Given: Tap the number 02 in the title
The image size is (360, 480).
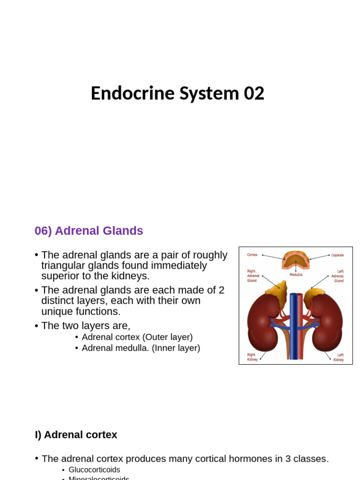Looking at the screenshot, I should (x=254, y=93).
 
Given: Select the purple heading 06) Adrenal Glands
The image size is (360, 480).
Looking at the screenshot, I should (x=89, y=231).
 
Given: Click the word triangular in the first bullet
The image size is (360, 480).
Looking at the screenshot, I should (x=64, y=266).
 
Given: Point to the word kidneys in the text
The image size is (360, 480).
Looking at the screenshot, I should (x=130, y=276).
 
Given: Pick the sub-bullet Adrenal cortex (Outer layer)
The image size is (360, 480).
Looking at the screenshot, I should (x=137, y=337).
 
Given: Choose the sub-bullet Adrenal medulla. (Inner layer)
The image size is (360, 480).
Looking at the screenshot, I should (x=141, y=348).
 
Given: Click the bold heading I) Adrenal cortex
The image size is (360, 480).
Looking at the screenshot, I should (x=76, y=435).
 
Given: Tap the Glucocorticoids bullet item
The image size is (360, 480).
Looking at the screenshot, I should (x=94, y=470).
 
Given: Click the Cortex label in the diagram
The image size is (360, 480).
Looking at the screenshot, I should (x=252, y=255).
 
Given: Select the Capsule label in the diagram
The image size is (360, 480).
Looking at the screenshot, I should (x=337, y=255).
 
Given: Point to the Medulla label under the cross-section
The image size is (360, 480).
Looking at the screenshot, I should (x=296, y=275).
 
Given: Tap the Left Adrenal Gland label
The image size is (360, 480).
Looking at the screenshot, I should (x=337, y=276).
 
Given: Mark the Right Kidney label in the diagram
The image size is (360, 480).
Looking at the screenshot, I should (x=252, y=357).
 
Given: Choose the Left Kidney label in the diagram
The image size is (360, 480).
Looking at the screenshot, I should (x=338, y=357).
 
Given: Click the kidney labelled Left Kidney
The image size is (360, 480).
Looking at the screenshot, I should (x=328, y=323).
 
